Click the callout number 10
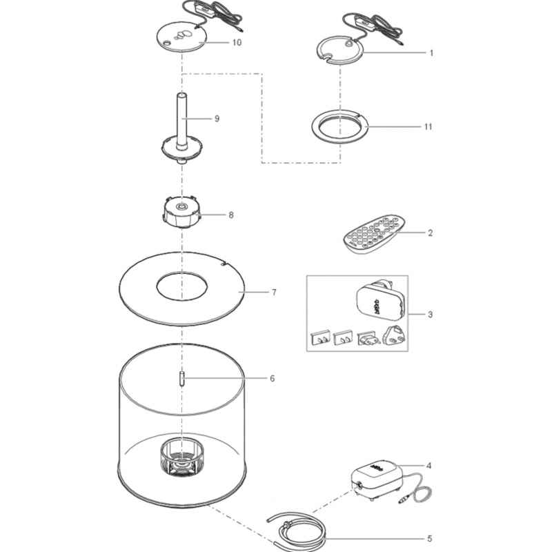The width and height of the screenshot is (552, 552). tap(237, 43)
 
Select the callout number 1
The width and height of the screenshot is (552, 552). tap(431, 53)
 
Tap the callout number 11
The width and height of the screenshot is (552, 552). tap(428, 127)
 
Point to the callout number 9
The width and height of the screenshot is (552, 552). tap(217, 119)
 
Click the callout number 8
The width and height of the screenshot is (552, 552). tap(231, 215)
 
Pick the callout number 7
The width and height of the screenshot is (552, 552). tap(274, 293)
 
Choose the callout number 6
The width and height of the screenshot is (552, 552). tap(272, 379)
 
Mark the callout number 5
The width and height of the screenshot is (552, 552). tap(429, 539)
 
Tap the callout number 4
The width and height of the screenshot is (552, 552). tap(428, 466)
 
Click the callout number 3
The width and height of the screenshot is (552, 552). tap(430, 315)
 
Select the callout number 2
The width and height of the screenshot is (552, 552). tap(430, 233)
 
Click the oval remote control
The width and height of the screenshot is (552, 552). tap(374, 234)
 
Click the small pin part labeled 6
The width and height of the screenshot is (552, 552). tap(181, 379)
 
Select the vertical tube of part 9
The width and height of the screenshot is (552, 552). tap(181, 120)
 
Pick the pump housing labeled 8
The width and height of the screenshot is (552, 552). tap(181, 212)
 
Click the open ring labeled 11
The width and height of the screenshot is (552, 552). tap(340, 127)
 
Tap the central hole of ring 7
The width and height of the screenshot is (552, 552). tap(181, 286)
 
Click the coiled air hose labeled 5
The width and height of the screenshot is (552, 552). tap(297, 531)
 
